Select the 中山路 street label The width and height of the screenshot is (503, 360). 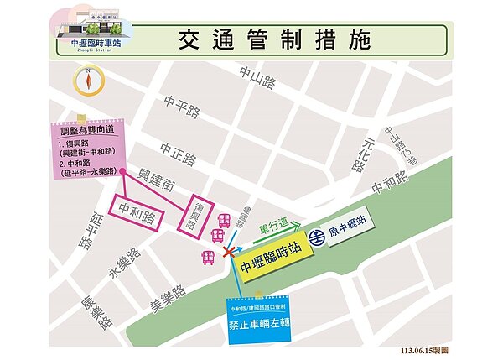click(257, 77)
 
